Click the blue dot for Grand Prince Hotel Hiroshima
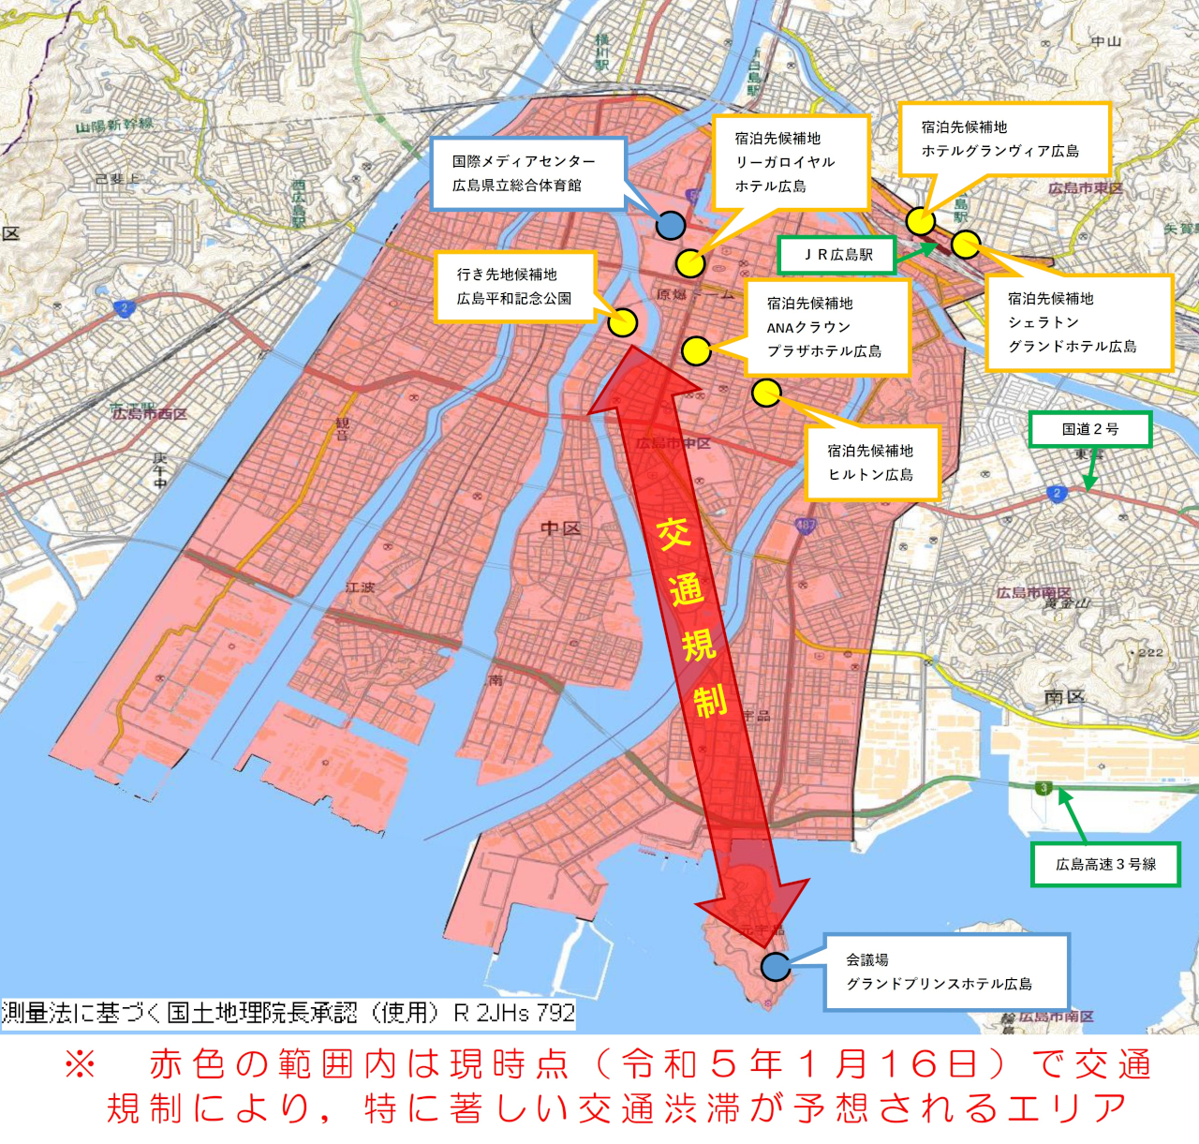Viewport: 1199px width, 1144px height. pos(776,966)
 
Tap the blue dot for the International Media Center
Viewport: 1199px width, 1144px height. pos(670,225)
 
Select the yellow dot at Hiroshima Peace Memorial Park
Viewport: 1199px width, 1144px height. pos(623,322)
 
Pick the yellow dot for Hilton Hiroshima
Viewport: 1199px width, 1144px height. pos(766,393)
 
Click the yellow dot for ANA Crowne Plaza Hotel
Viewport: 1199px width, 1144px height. pos(696,351)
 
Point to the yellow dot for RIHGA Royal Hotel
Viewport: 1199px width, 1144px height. pos(690,263)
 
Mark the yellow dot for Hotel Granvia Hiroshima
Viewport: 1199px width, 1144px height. pos(921,221)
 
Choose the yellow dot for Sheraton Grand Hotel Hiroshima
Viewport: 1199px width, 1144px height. pos(966,245)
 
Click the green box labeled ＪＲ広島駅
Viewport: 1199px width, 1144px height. pos(837,255)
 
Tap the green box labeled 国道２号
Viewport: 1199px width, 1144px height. pos(1090,430)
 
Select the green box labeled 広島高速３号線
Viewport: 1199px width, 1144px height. pos(1105,865)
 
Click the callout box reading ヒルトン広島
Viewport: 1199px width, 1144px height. pos(871,463)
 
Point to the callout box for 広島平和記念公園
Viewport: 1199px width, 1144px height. pos(514,287)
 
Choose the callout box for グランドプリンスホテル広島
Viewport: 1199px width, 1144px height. pos(946,973)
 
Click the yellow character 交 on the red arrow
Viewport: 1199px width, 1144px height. pos(674,533)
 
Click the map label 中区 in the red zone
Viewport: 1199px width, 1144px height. pos(560,528)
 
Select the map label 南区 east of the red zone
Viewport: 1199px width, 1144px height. pos(1064,697)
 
